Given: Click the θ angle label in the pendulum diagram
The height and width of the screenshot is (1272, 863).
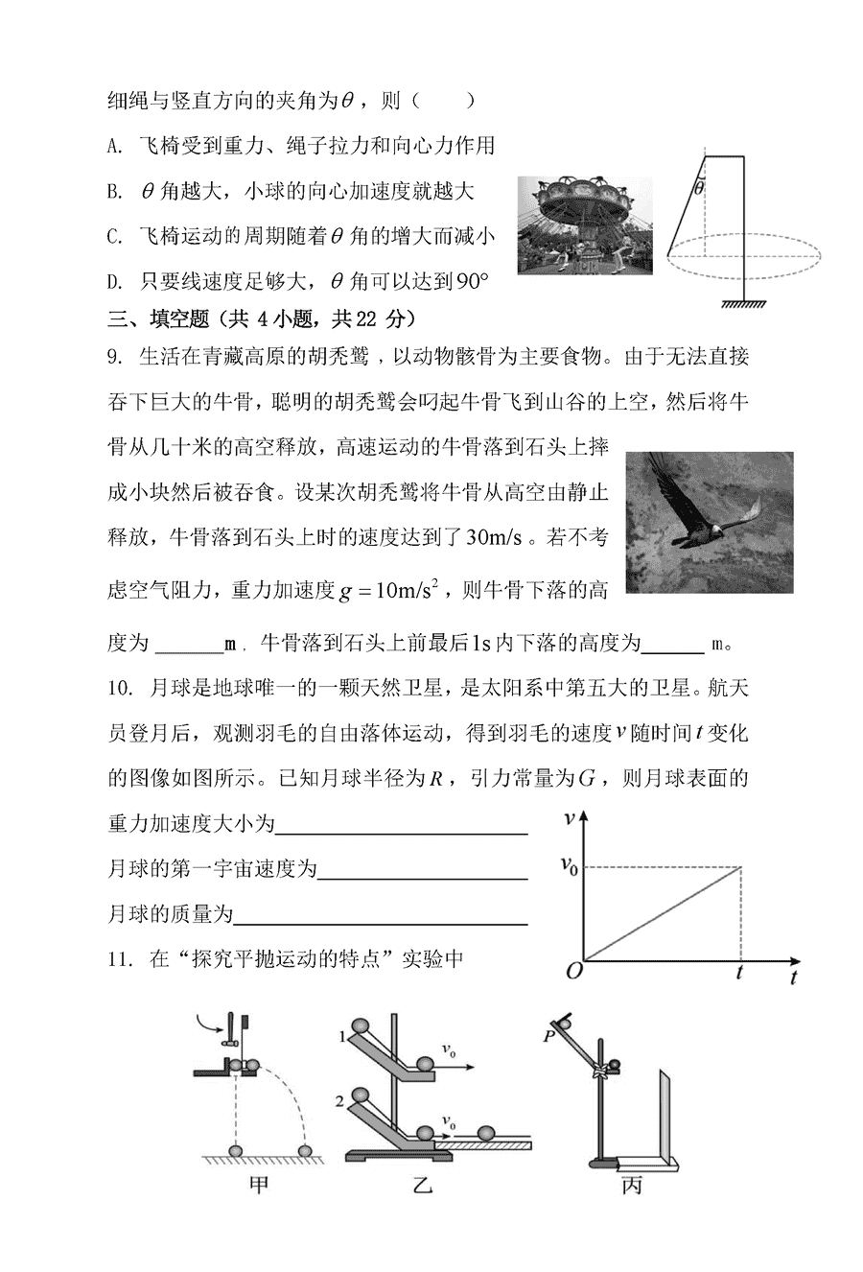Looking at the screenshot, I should coord(699,189).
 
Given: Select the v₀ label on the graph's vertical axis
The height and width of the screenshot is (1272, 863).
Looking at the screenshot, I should coord(569,866).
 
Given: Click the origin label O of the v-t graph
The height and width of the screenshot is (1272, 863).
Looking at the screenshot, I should coord(573,971).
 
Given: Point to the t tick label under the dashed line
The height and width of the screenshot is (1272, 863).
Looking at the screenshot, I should coord(739,972).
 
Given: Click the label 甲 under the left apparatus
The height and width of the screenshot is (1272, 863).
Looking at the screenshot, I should coord(259,1186).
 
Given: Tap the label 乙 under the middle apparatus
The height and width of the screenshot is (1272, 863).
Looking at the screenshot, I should coord(422,1187).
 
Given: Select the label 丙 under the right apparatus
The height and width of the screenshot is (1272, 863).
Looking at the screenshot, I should coord(631,1187).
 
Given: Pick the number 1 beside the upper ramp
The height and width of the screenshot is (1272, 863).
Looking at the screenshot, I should coord(341,1036).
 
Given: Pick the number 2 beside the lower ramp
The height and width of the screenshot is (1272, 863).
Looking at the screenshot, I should coord(341,1102).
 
